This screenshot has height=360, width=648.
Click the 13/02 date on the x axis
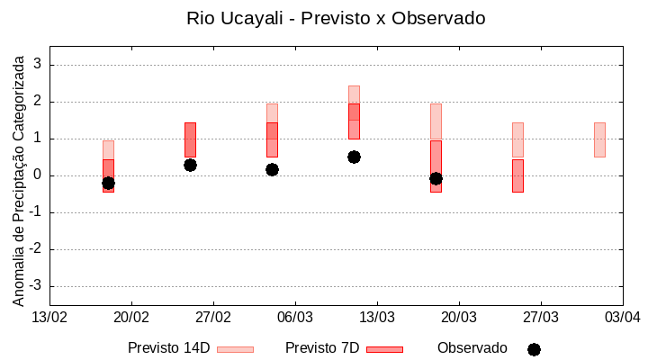(49, 317)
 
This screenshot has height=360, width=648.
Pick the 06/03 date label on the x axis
(294, 317)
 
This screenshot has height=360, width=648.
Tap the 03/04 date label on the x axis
(622, 317)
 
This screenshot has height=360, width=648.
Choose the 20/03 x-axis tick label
(458, 317)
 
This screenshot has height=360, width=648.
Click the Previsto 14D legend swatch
(235, 348)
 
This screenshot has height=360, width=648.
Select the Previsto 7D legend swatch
(384, 348)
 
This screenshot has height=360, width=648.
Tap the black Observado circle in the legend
(534, 349)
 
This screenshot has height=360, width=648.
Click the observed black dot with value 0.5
(354, 157)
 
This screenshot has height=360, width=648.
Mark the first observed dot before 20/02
(108, 183)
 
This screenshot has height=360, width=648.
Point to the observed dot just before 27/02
(190, 165)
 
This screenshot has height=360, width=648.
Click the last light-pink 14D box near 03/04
(599, 139)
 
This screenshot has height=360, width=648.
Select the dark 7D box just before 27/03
(517, 175)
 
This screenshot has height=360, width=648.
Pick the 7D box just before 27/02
(190, 139)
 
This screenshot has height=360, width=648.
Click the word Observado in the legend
(472, 347)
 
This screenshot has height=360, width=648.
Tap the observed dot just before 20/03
(436, 178)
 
